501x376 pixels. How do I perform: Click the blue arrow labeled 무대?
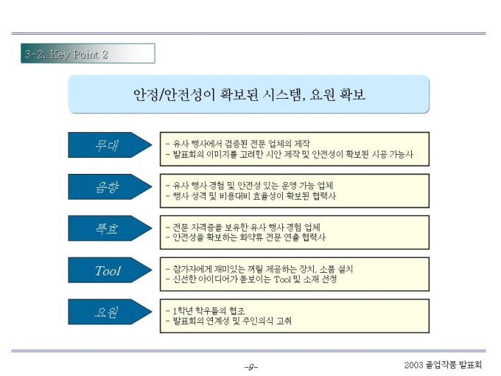pos(110,145)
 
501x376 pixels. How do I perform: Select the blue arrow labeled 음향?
pos(110,187)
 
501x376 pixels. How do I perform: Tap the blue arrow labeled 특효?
pos(110,229)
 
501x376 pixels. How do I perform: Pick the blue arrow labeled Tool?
pos(110,270)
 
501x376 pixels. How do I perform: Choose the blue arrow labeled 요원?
pos(110,312)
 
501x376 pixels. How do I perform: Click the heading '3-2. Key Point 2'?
pos(66,54)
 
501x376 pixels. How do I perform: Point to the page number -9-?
pos(251,366)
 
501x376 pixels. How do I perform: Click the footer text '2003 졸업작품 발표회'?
pos(443,365)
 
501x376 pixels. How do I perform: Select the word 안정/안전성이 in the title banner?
pos(174,94)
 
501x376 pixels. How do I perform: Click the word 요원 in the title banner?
pos(322,94)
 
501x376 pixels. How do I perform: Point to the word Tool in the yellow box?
pos(282,279)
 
